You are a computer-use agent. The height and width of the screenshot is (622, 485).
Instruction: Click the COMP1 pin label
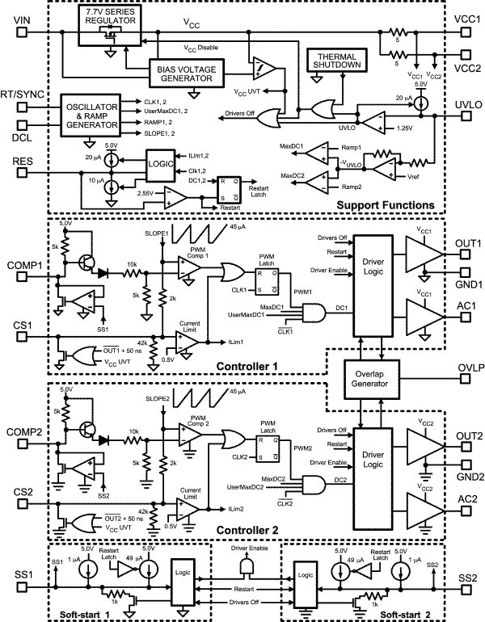(24, 265)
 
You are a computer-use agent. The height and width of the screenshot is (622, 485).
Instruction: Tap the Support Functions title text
(384, 208)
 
